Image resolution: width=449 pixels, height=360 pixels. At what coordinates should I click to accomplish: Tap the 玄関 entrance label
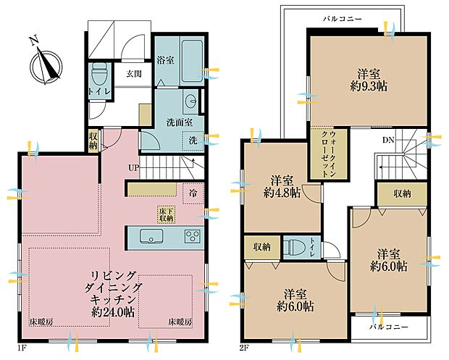click(134, 74)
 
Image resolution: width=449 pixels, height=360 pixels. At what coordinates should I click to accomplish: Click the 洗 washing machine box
click(193, 139)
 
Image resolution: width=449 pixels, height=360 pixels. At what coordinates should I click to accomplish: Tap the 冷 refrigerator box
click(193, 193)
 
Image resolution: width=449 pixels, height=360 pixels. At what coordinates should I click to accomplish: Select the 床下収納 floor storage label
click(167, 214)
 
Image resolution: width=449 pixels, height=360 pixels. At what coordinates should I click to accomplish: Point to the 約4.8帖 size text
click(281, 193)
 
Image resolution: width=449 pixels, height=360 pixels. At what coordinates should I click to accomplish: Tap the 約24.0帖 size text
click(112, 312)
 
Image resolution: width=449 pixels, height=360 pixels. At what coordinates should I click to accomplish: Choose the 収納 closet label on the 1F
click(93, 139)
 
